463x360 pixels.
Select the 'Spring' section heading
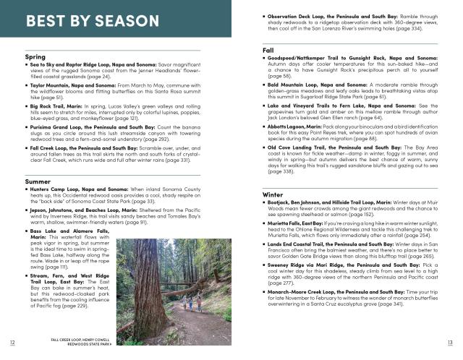coord(35,56)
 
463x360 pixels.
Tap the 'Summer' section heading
coord(38,181)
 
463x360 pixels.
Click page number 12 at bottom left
coord(12,342)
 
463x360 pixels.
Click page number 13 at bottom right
coord(450,342)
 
